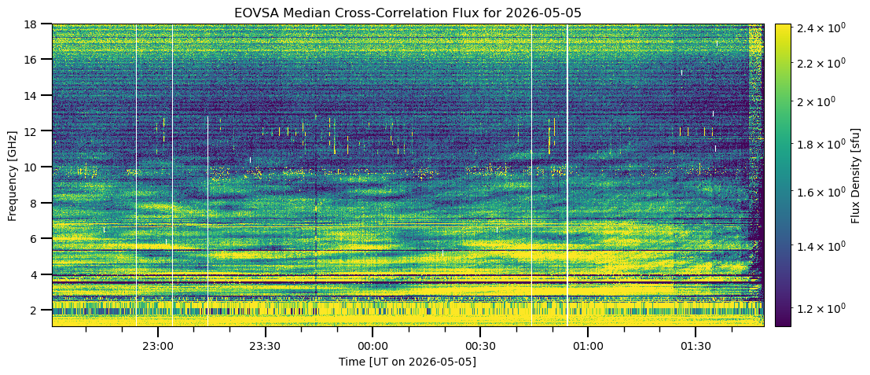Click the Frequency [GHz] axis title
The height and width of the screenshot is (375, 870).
point(13,175)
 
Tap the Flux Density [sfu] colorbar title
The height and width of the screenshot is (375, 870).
point(855,175)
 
